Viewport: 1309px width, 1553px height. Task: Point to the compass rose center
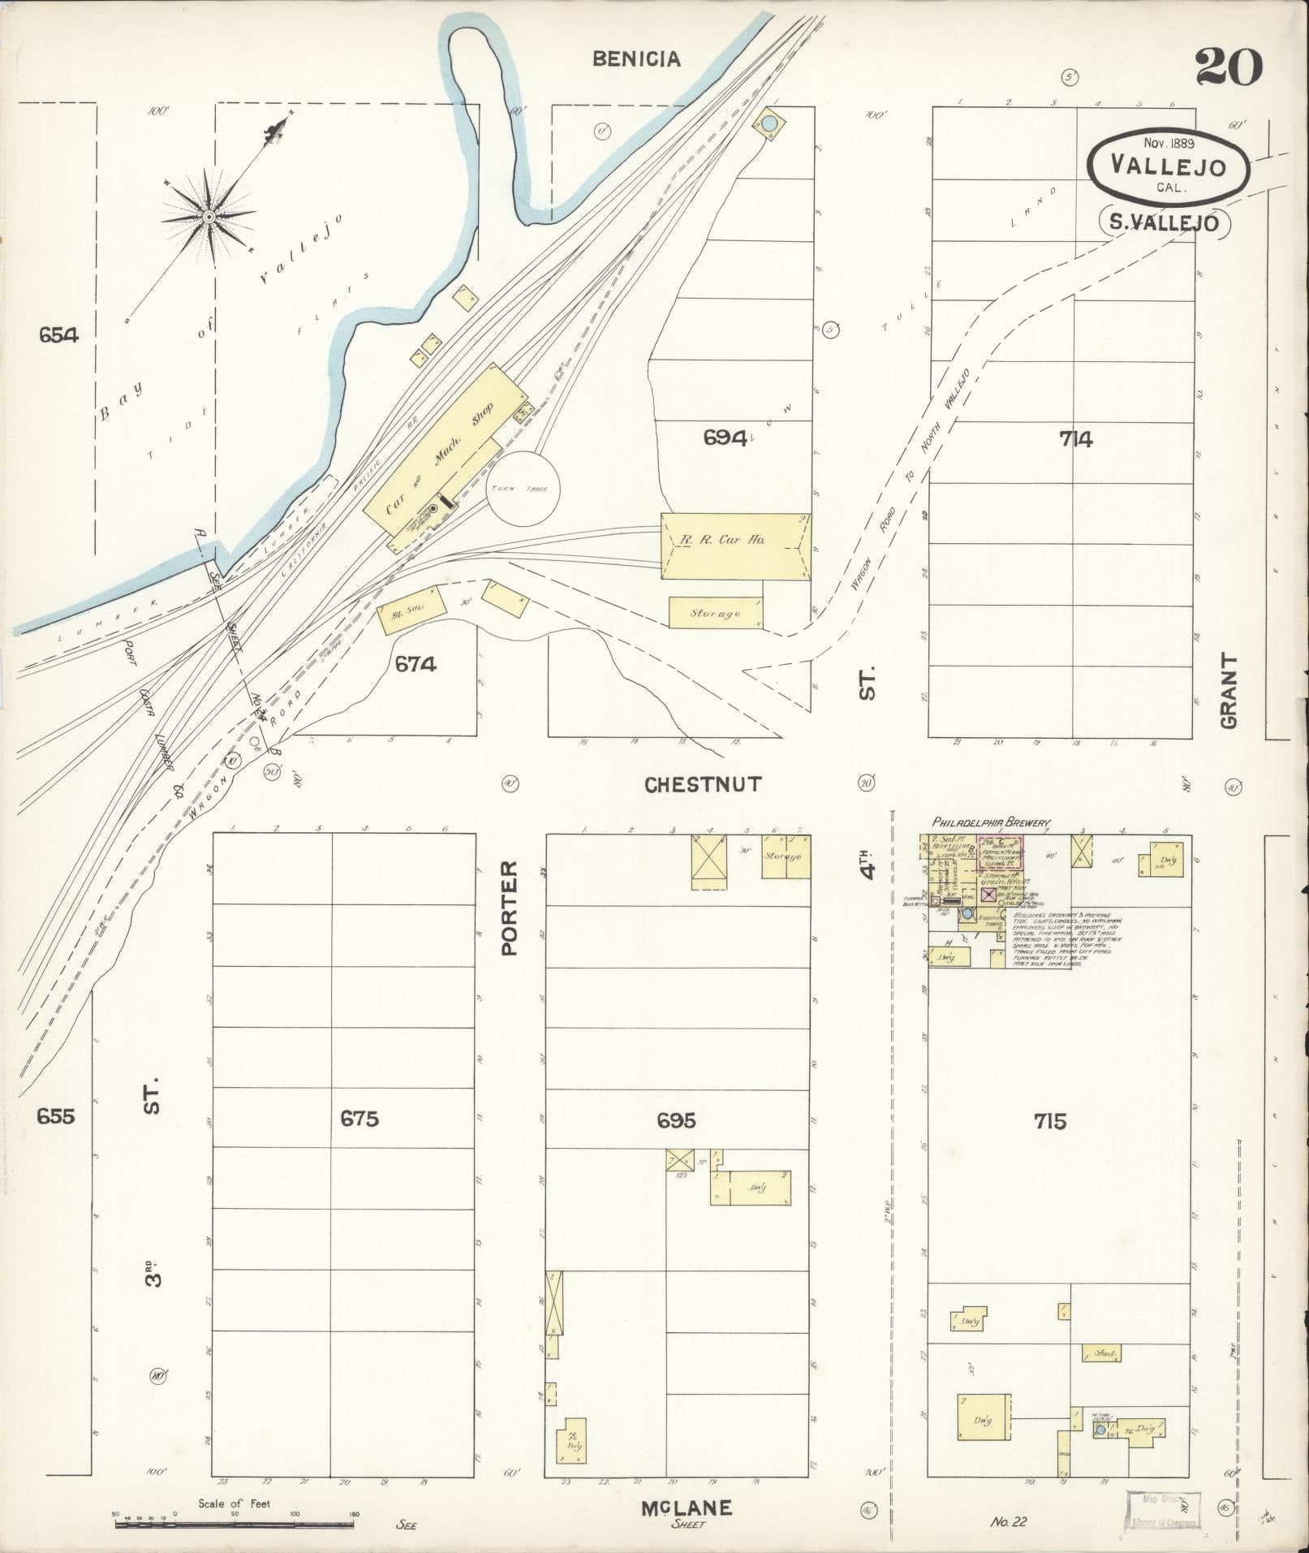coord(209,217)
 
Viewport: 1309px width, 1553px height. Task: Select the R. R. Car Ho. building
coord(735,545)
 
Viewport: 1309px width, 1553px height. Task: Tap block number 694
coord(724,438)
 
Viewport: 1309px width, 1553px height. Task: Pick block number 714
coord(1075,439)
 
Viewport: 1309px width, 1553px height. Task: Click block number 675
coord(360,1119)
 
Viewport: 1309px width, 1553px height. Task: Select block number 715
coord(1049,1121)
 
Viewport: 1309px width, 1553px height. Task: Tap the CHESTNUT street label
coord(703,784)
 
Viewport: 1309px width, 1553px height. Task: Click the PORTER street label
coord(510,908)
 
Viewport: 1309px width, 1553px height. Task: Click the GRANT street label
coord(1229,691)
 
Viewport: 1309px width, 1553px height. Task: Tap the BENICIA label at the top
coord(635,58)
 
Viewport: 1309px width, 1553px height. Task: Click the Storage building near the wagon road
coord(715,613)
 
